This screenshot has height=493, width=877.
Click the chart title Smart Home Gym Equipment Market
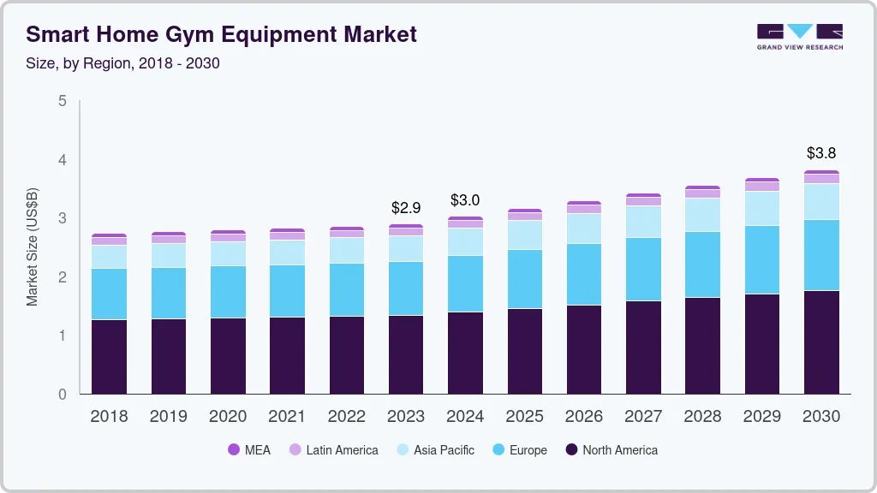(x=222, y=34)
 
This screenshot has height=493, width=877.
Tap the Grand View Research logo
(x=800, y=36)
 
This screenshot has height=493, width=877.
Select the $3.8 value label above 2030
(x=821, y=153)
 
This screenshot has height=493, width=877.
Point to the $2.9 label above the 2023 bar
(x=406, y=207)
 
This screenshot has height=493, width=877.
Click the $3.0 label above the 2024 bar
(x=465, y=200)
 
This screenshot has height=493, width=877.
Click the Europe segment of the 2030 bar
(x=821, y=255)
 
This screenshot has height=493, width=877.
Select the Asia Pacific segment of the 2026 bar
(x=584, y=229)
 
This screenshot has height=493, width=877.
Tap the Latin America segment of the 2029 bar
(x=762, y=187)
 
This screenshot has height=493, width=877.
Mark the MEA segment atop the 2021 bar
(x=287, y=230)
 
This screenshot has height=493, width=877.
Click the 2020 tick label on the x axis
(x=228, y=416)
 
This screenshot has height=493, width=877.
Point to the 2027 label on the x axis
(x=643, y=416)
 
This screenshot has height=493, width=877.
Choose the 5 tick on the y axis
(x=62, y=101)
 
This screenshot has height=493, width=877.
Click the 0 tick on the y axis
(x=62, y=395)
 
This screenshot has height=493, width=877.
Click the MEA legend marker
(x=233, y=449)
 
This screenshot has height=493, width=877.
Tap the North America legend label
(x=620, y=450)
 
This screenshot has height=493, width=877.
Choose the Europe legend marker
(x=497, y=449)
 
